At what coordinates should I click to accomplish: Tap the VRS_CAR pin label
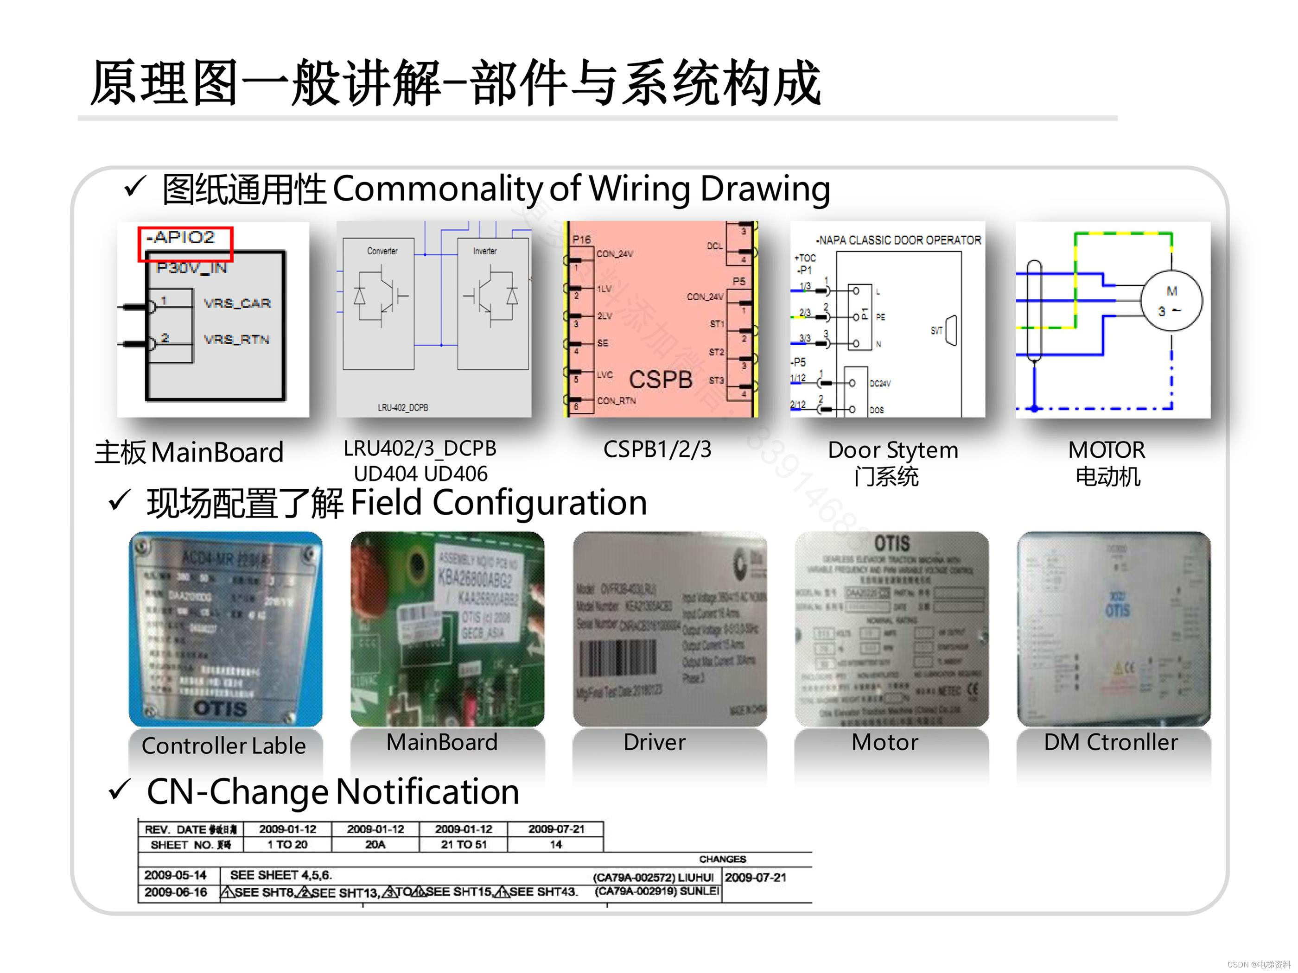pos(236,303)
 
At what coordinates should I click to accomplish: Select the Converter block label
pos(382,251)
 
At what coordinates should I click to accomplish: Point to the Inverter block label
pos(485,251)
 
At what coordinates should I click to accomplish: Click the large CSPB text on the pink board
pos(660,380)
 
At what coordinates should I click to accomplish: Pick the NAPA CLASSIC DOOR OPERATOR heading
pos(898,240)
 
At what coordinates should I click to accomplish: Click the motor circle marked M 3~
pos(1171,301)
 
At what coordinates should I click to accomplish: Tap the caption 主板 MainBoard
pos(189,452)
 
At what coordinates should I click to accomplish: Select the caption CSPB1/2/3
pos(657,450)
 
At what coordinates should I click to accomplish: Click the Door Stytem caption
pos(892,450)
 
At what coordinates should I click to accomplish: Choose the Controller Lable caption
pos(223,746)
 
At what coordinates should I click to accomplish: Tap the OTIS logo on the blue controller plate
pos(220,708)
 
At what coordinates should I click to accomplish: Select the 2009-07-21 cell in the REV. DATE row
pos(556,829)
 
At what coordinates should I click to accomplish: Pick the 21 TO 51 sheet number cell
pos(464,845)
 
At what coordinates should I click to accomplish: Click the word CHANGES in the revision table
pos(722,859)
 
